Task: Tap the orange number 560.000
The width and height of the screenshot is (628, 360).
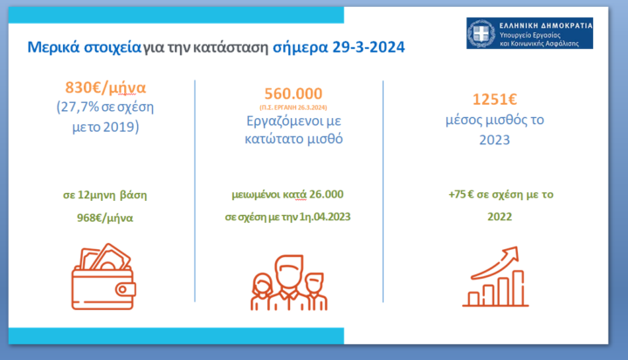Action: click(293, 93)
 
